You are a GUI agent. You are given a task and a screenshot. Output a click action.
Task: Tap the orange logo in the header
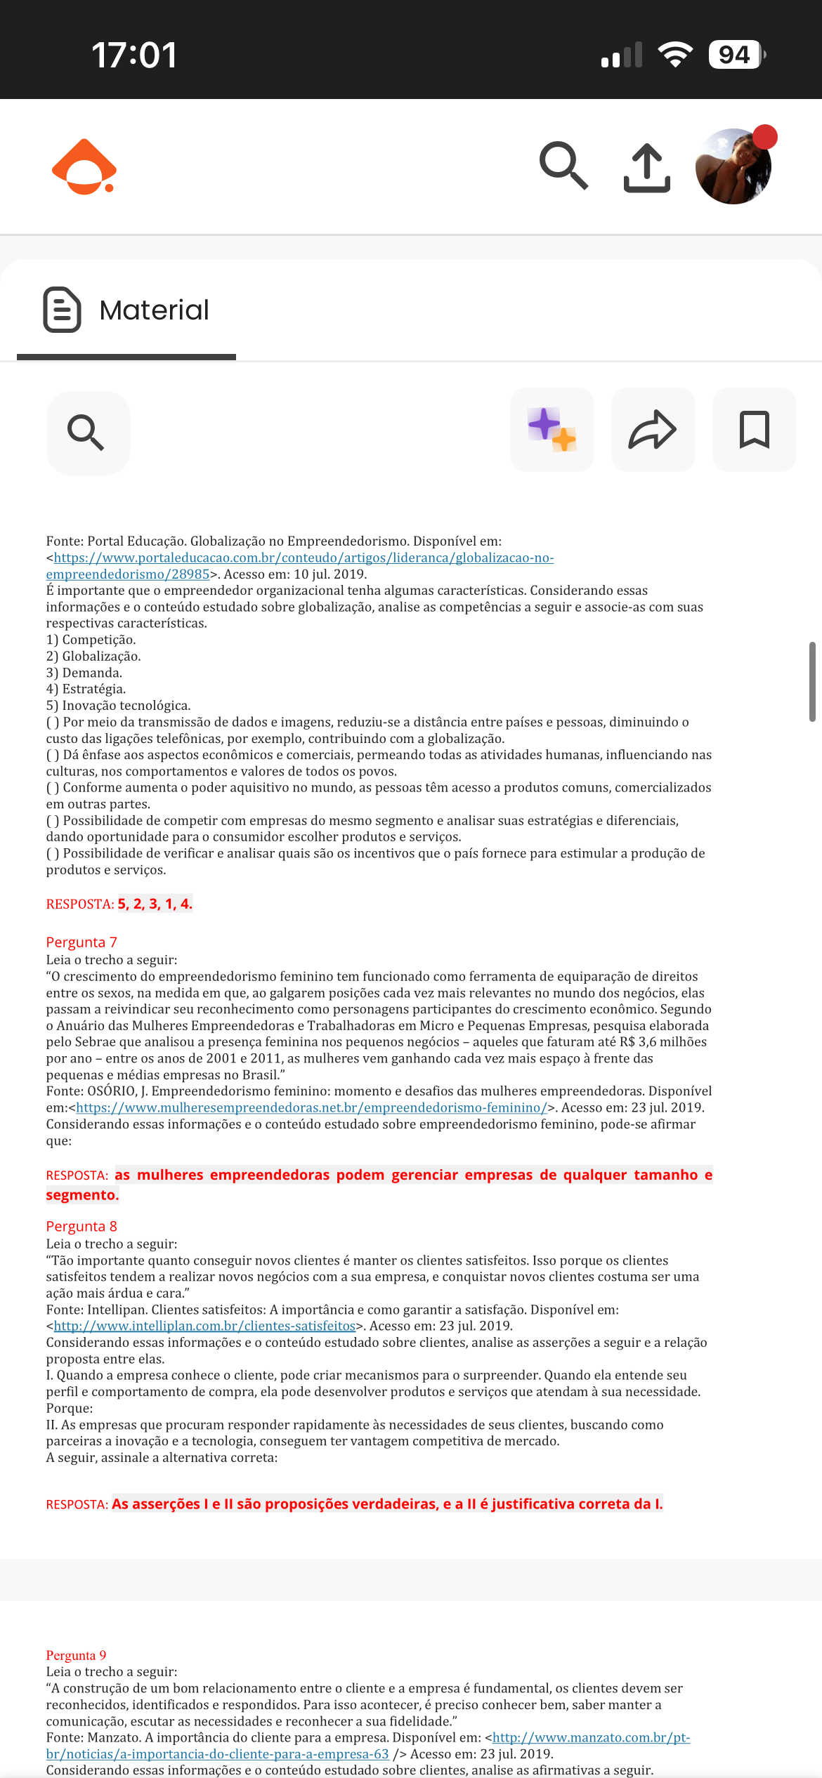pos(84,167)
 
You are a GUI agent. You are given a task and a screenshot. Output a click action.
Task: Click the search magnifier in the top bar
pos(563,166)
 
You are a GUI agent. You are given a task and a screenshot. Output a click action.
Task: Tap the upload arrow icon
pos(647,168)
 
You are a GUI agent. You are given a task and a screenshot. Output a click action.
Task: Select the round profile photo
pos(733,166)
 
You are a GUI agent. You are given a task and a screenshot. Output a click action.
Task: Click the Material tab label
pos(154,310)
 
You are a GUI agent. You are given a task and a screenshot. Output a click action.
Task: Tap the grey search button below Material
pos(88,433)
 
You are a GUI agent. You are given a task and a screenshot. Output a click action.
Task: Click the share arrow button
pos(653,430)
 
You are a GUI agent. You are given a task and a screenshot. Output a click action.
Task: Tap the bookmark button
pos(755,430)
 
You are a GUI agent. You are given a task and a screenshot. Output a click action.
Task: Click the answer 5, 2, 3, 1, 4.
pos(155,904)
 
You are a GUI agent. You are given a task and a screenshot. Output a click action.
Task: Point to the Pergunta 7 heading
pos(81,942)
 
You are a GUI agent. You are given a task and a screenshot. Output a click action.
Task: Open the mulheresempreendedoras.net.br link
pos(311,1108)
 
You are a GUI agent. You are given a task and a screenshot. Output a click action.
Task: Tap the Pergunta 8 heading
pos(81,1226)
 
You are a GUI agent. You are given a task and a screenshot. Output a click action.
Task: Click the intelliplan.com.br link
pos(204,1326)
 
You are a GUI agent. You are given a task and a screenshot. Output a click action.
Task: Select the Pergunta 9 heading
pos(76,1655)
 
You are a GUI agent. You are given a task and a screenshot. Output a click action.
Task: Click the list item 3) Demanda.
pos(84,673)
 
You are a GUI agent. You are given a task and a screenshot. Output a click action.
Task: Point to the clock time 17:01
pos(134,55)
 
